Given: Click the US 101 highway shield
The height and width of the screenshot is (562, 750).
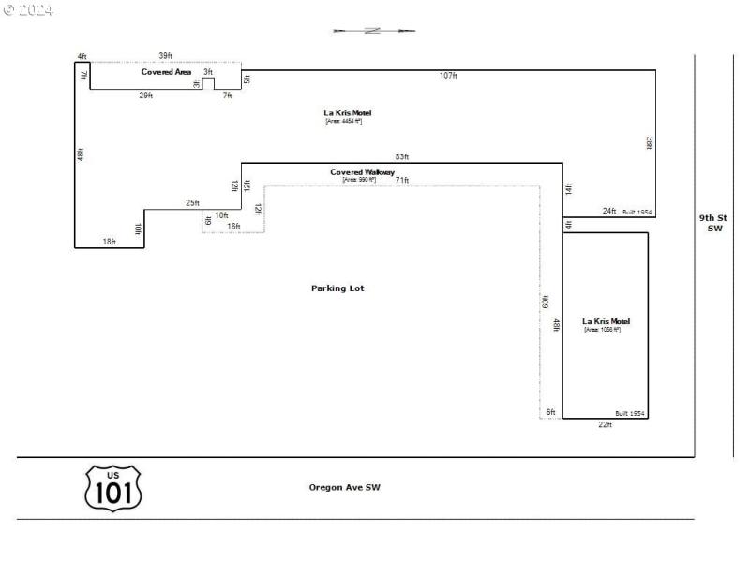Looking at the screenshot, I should [x=113, y=488].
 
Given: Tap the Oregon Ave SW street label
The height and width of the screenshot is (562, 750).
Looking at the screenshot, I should [x=345, y=487].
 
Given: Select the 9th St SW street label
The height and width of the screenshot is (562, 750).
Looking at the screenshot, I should [x=714, y=223].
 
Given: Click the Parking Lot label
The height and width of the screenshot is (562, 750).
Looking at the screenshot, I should [x=337, y=288].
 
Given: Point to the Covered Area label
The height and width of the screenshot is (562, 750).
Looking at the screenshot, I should [x=167, y=72].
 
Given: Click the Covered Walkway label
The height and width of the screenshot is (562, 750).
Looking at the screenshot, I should [x=362, y=172].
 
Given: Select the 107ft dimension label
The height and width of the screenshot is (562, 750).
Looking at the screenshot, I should [x=448, y=75].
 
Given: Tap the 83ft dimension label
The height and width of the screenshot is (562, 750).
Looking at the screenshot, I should [x=402, y=156].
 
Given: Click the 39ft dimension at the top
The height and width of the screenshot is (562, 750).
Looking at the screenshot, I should [x=165, y=56].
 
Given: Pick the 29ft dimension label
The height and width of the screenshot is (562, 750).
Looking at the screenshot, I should [x=146, y=96].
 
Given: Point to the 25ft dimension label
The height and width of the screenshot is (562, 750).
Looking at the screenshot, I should [x=192, y=203].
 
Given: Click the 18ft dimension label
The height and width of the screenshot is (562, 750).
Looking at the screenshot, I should [x=110, y=242].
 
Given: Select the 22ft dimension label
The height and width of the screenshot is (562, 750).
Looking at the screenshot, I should [x=605, y=425].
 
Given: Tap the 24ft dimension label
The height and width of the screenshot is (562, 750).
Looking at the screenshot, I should [x=609, y=212].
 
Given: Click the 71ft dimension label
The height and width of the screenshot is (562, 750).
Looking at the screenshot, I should [x=402, y=180].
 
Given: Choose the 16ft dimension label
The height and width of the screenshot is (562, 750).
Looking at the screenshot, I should [x=233, y=227].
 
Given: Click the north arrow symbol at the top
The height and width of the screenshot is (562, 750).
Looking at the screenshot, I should [x=372, y=31].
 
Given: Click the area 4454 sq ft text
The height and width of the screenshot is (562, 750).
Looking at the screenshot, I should [x=343, y=121].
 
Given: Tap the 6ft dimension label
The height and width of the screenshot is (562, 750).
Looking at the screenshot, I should [x=551, y=412].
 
